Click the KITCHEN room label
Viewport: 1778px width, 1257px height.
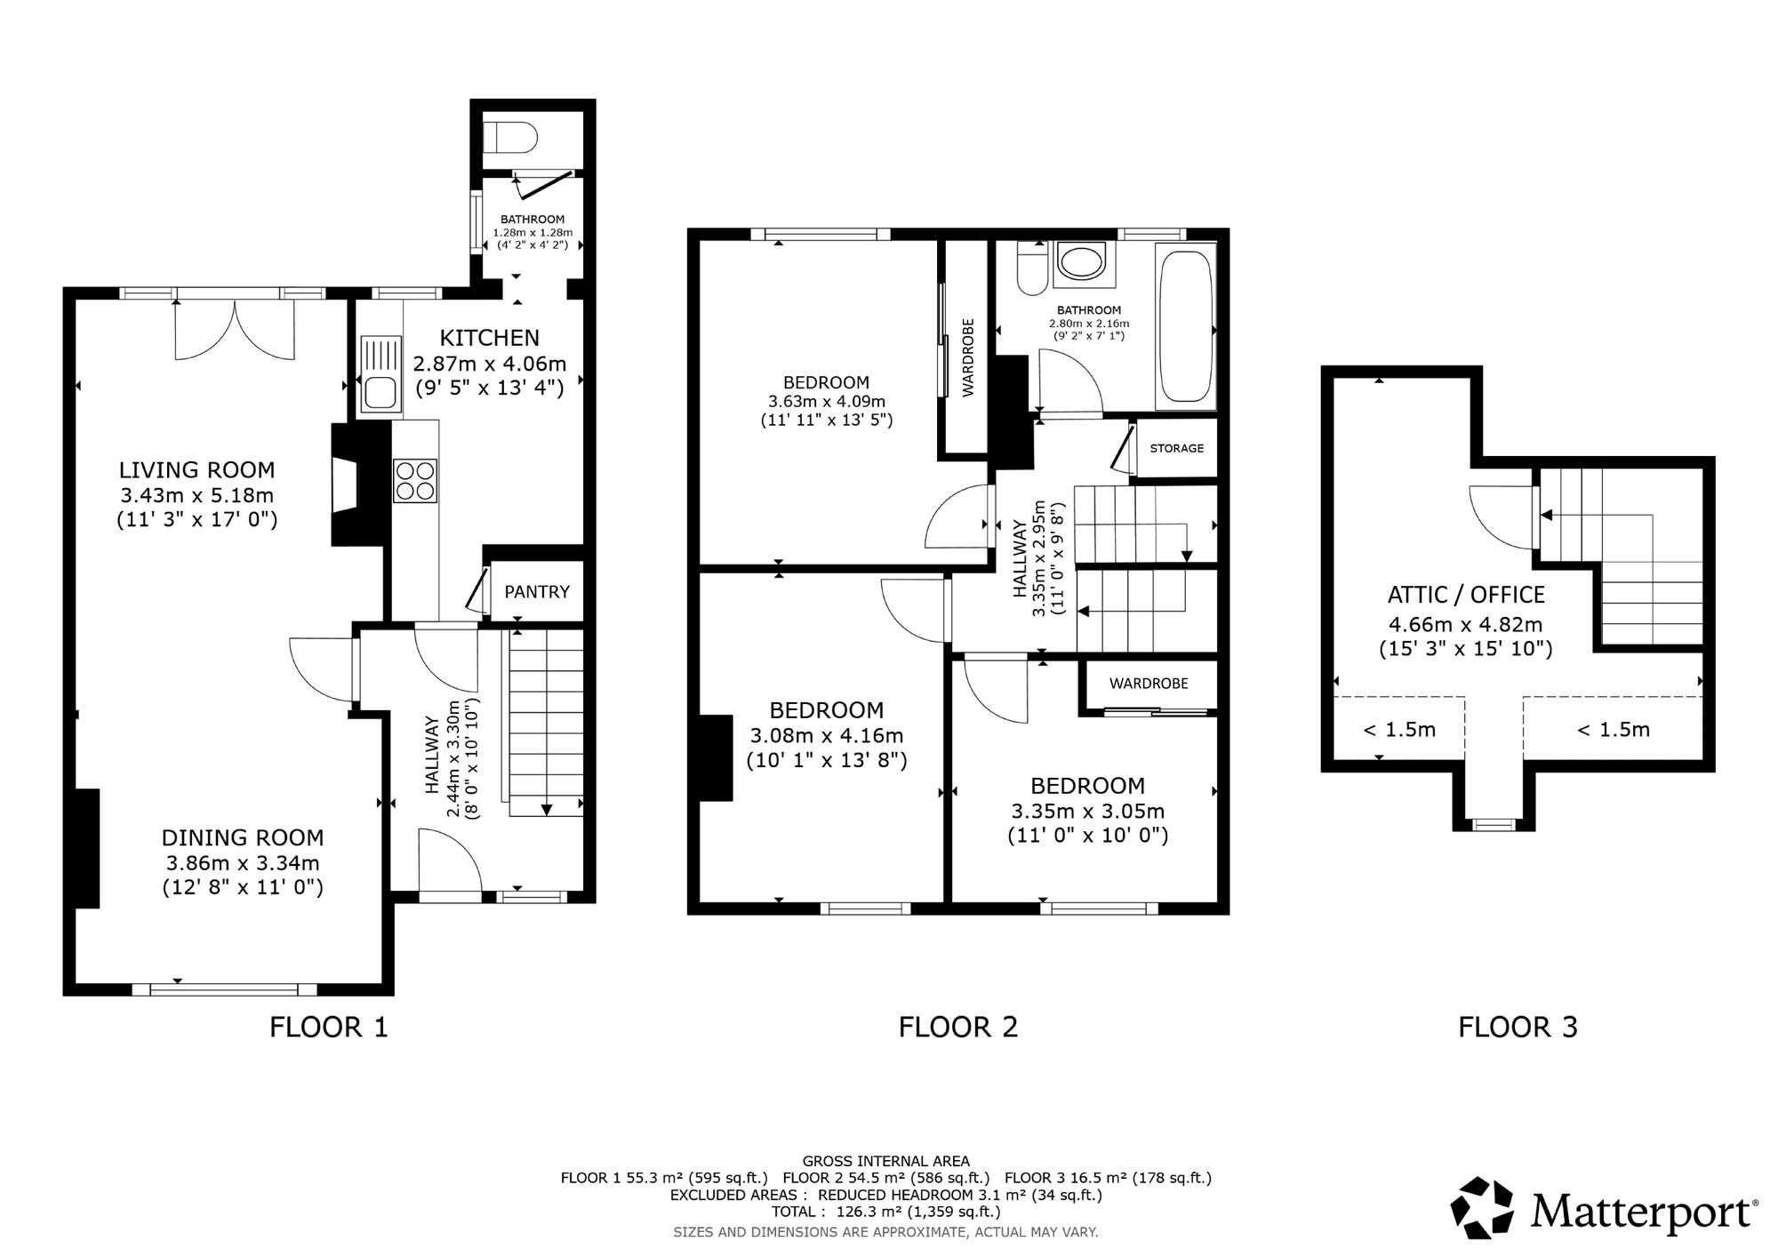coord(490,338)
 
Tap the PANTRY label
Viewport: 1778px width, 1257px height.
coord(537,592)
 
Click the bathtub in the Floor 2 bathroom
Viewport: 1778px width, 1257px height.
coord(1185,327)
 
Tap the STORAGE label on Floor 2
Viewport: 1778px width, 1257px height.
coord(1177,448)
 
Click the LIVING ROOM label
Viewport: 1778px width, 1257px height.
coord(197,469)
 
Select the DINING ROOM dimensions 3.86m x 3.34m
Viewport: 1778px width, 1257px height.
coord(243,862)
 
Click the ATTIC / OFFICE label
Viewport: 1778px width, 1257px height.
coord(1466,595)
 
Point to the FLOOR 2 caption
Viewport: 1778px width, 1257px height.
coord(957,1028)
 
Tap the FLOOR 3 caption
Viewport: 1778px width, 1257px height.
coord(1518,1028)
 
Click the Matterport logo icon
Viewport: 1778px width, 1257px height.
coord(1482,1208)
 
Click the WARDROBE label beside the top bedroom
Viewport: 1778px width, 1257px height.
coord(968,356)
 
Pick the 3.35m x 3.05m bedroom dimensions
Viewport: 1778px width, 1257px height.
coord(1087,812)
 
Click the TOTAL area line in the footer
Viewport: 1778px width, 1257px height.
coord(885,1212)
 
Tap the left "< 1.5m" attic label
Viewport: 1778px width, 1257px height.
coord(1399,730)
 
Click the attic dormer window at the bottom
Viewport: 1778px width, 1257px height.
coord(1494,824)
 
